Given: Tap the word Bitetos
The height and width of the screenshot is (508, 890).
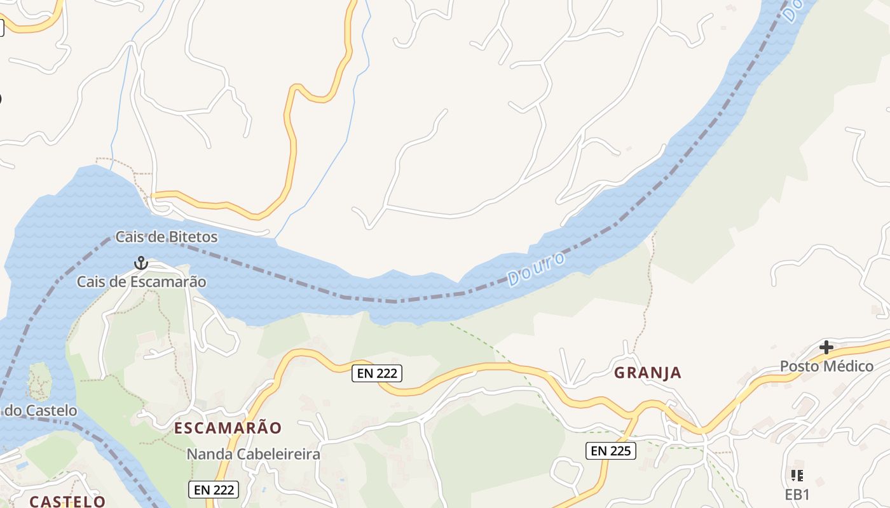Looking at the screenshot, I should pyautogui.click(x=193, y=237).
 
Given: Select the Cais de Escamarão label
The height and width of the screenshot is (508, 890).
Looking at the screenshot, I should pyautogui.click(x=142, y=281).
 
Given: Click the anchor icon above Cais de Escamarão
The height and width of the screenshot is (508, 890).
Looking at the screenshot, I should pyautogui.click(x=140, y=263).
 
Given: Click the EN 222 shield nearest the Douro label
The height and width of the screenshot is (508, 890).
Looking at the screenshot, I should pyautogui.click(x=377, y=373).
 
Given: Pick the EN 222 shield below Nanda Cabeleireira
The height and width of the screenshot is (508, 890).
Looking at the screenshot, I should pyautogui.click(x=214, y=490).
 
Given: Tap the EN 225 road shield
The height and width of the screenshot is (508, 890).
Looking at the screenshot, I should pyautogui.click(x=610, y=451).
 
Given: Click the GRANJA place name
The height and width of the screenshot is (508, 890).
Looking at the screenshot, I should pyautogui.click(x=648, y=373).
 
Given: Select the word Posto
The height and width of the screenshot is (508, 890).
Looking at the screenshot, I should pyautogui.click(x=800, y=366).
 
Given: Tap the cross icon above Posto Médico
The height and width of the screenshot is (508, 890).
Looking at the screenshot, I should pyautogui.click(x=826, y=347).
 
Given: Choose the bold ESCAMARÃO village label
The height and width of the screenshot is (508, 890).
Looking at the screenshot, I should pyautogui.click(x=228, y=428).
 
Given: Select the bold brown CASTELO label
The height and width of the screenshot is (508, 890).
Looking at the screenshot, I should pyautogui.click(x=67, y=501).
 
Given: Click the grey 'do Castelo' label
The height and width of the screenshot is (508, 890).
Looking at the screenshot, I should pyautogui.click(x=41, y=410).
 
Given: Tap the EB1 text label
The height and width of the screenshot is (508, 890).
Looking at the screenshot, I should pyautogui.click(x=797, y=495).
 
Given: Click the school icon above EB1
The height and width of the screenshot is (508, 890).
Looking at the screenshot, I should pyautogui.click(x=797, y=475).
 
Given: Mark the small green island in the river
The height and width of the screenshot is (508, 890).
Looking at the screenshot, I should pyautogui.click(x=39, y=381).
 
